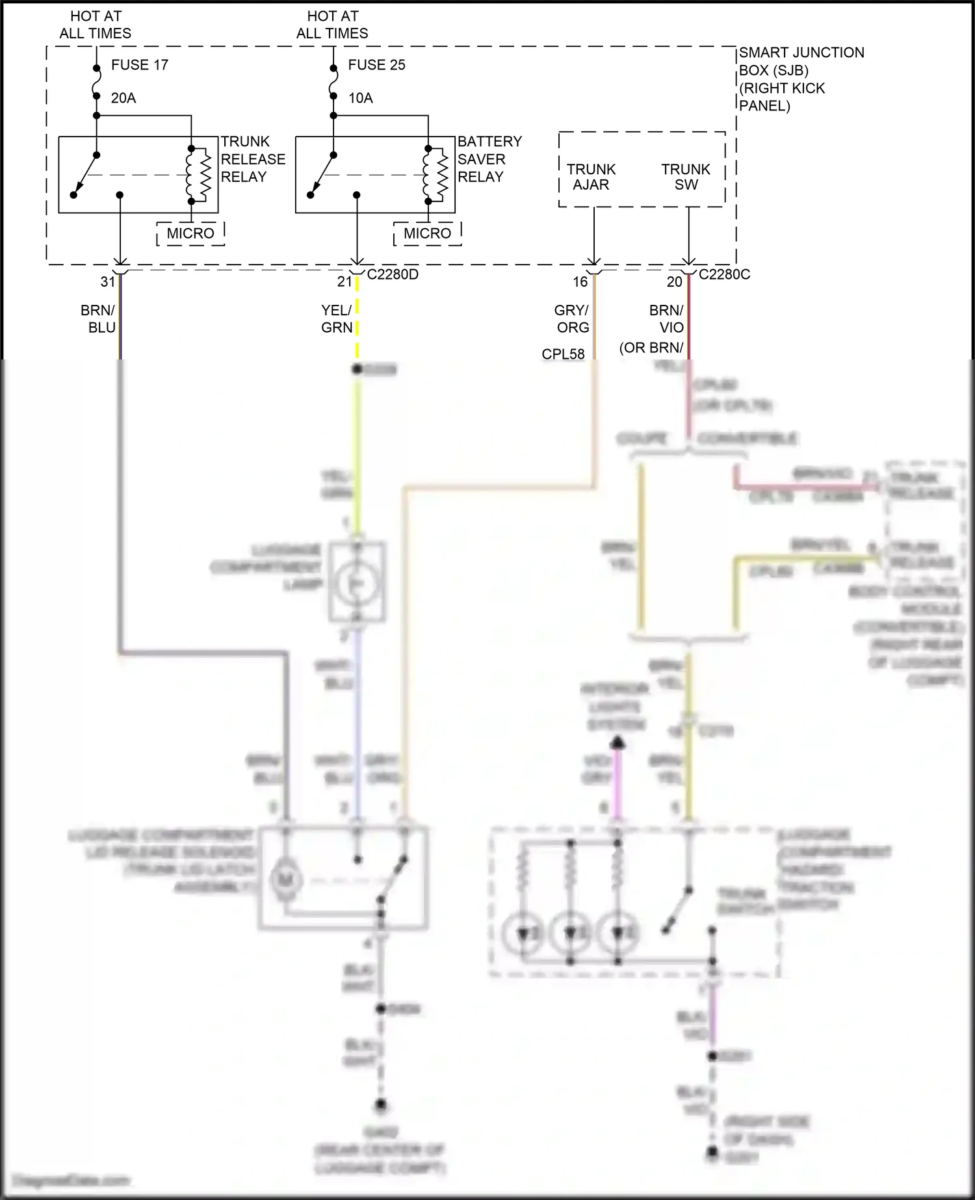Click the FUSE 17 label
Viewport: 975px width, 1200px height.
coord(139,65)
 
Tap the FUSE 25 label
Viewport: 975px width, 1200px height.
coord(376,65)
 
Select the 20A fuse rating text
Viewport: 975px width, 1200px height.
coord(123,98)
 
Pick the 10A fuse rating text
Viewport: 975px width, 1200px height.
coord(361,98)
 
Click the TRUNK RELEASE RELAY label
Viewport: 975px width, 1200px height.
coord(252,159)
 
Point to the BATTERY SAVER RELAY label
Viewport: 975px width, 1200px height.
coord(489,159)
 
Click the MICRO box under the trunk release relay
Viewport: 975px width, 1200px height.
coord(190,233)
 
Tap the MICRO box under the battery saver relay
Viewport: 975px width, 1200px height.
coord(427,233)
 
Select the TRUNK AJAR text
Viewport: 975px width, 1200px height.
coord(591,177)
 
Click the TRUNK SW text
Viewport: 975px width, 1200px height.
coord(686,177)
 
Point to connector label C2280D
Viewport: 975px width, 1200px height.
coord(393,274)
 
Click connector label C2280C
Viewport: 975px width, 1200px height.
coord(724,274)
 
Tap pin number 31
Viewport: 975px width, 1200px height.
coord(108,281)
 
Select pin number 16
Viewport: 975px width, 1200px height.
coord(580,281)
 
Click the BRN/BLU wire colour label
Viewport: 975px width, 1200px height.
coord(99,319)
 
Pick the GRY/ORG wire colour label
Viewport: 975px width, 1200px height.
coord(573,319)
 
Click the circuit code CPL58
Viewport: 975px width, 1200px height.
coord(563,354)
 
